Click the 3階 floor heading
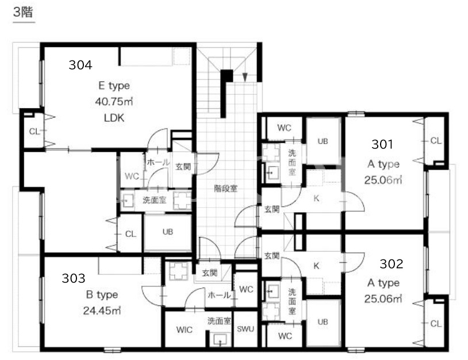(x=23, y=12)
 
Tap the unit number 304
(x=80, y=65)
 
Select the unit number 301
(x=382, y=144)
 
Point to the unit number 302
(x=392, y=263)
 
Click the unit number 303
(x=74, y=278)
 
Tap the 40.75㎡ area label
(x=114, y=101)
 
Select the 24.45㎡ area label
(x=102, y=311)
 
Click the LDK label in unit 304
(x=114, y=118)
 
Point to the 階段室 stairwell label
(x=225, y=189)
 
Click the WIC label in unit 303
(x=184, y=330)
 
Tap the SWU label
(x=245, y=328)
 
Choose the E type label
(x=114, y=86)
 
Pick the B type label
(x=102, y=295)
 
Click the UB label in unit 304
(x=168, y=232)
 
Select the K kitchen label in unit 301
(x=316, y=198)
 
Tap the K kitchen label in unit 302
(x=316, y=265)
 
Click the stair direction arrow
(x=245, y=77)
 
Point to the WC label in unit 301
(x=284, y=128)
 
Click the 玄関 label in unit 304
(x=183, y=166)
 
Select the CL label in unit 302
(x=435, y=323)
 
